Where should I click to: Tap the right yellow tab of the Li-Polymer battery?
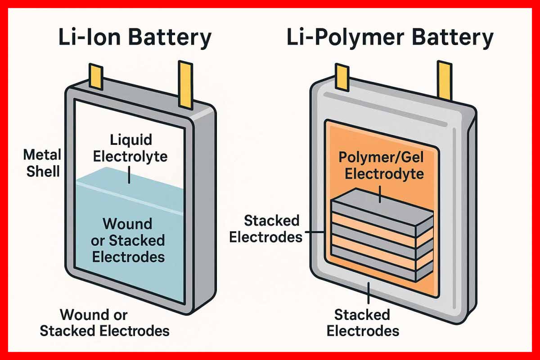click(x=445, y=81)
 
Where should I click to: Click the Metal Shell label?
click(x=43, y=163)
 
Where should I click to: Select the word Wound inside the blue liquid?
click(x=127, y=224)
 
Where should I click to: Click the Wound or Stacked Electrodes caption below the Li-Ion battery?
click(x=104, y=323)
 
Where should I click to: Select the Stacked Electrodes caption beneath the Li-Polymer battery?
click(x=362, y=323)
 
